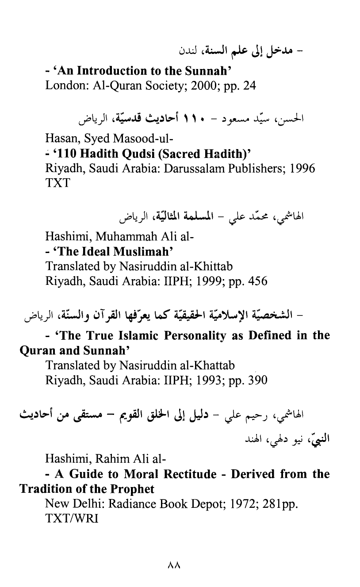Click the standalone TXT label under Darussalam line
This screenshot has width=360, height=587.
[57, 183]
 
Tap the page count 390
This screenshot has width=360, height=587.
[255, 380]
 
